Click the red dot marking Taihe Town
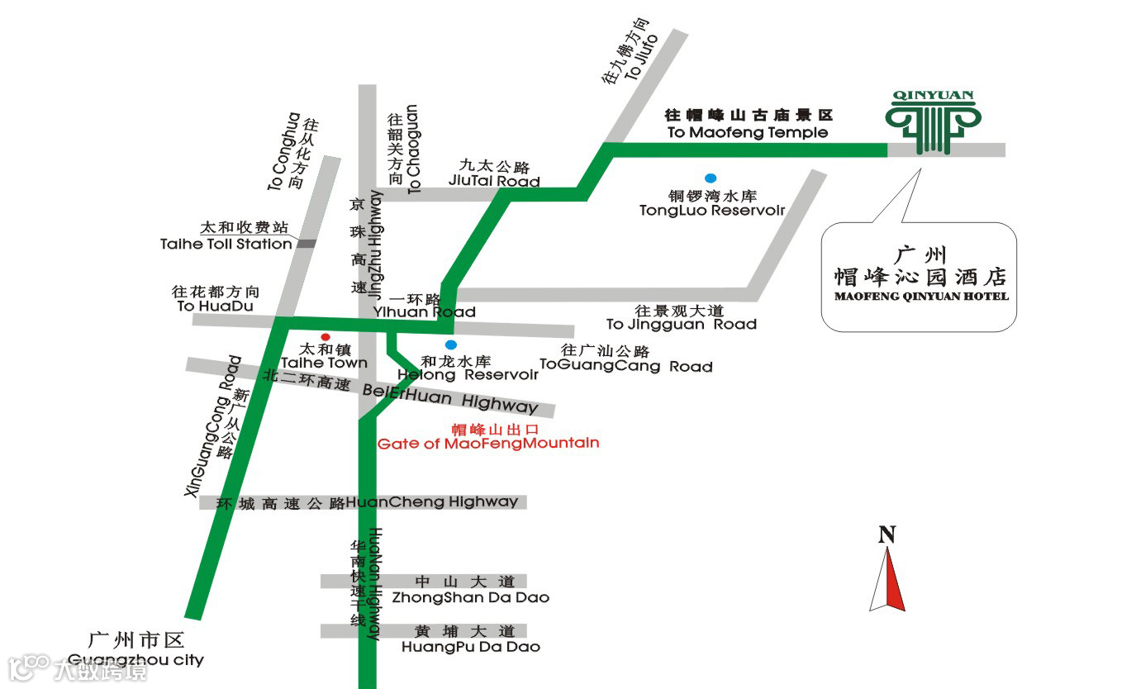point(326,337)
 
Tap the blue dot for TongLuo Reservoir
point(710,178)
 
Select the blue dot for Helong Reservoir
point(450,344)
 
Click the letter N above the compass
point(886,535)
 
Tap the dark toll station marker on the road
point(307,243)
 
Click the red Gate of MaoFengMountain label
point(488,443)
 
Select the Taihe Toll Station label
point(226,244)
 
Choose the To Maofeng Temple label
point(747,132)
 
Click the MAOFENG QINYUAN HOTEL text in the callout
point(921,296)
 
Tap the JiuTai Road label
point(494,181)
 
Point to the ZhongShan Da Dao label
point(471,597)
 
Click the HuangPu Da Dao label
point(471,646)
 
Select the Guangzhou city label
point(135,659)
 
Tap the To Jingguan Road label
point(681,324)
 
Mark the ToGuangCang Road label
point(625,365)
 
